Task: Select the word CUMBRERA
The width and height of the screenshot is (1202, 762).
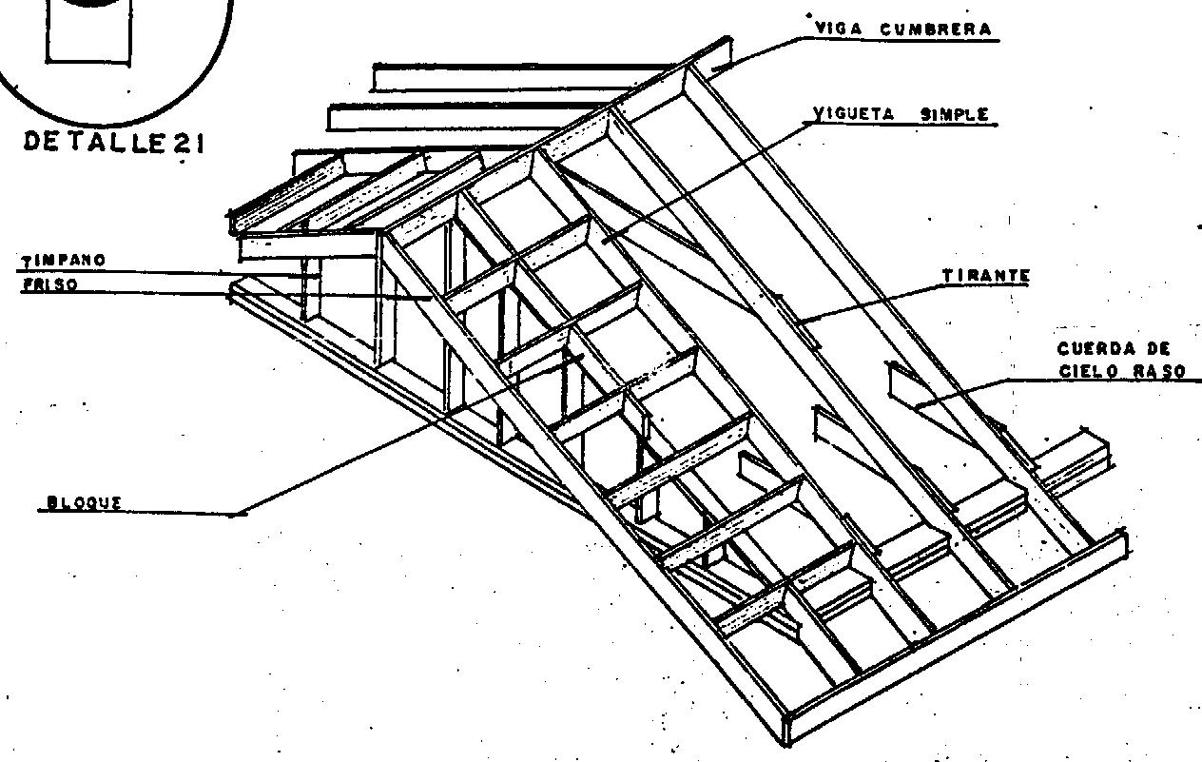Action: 936,29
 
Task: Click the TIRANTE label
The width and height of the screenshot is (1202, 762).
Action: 986,276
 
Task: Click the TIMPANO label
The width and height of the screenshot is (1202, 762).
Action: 65,259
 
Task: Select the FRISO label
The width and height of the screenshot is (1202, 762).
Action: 49,283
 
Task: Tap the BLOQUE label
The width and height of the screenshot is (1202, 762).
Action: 84,503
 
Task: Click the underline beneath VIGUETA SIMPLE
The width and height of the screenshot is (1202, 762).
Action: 903,125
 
